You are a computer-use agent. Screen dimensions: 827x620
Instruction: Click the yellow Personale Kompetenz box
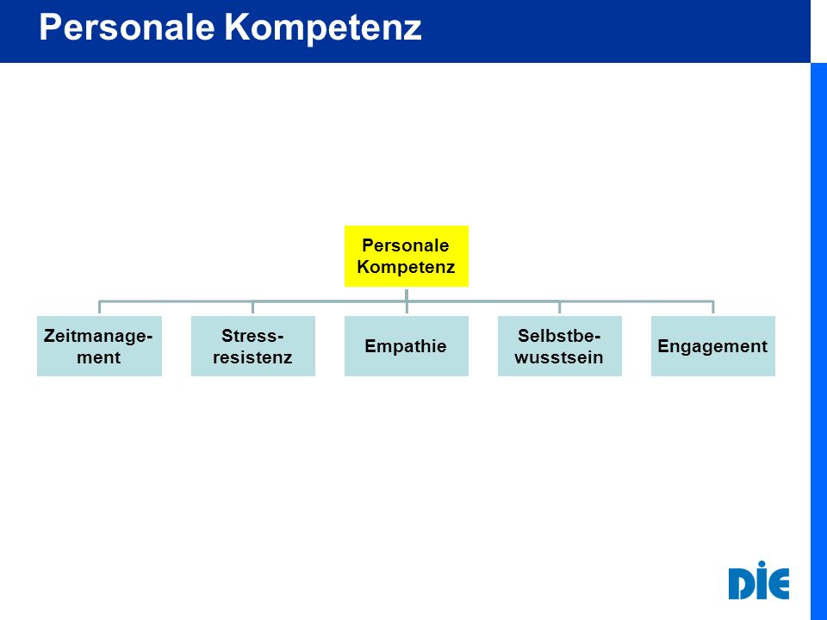click(x=406, y=257)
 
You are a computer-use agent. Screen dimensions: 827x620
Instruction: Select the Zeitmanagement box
click(x=99, y=346)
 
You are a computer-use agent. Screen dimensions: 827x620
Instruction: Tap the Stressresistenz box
click(x=253, y=346)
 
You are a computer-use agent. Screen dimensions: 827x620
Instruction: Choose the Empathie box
click(x=406, y=346)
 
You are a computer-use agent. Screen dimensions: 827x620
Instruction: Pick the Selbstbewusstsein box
click(x=560, y=346)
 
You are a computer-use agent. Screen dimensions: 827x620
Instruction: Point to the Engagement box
click(x=713, y=346)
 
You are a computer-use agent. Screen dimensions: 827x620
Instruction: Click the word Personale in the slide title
click(x=127, y=28)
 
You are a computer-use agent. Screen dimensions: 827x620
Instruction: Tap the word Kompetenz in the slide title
click(x=323, y=28)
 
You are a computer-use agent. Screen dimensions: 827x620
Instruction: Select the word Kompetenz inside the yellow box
click(x=406, y=267)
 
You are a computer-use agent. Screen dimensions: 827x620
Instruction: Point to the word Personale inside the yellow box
click(x=406, y=245)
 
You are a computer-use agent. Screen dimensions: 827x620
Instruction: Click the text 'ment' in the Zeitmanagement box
click(x=98, y=357)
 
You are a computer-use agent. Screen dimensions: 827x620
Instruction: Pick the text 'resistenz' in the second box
click(x=252, y=357)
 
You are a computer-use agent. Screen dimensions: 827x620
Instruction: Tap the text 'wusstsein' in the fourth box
click(x=559, y=357)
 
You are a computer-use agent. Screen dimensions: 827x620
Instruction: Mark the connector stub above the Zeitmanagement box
click(x=99, y=307)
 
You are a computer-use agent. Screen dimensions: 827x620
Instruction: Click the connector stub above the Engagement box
click(x=713, y=307)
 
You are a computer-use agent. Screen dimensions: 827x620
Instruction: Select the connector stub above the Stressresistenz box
click(x=252, y=307)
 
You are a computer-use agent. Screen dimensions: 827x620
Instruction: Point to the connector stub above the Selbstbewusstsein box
click(x=560, y=307)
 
